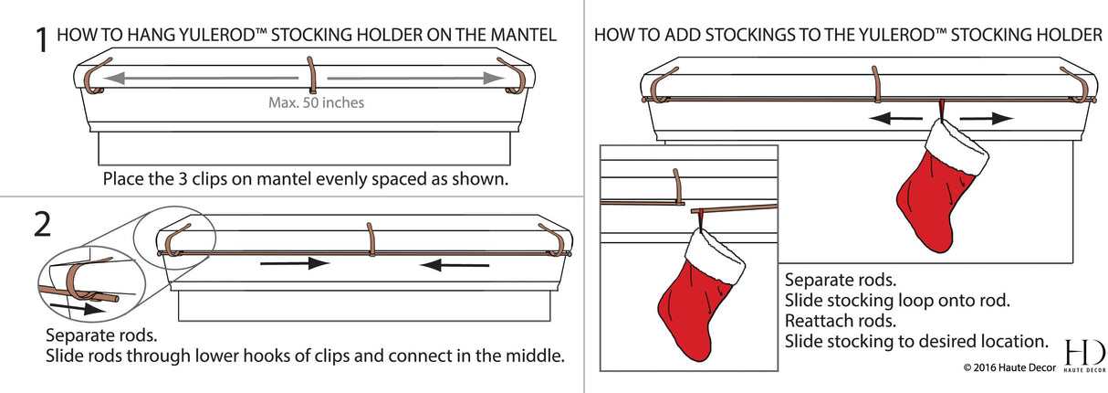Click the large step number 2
click(42, 226)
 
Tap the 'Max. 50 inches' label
click(316, 102)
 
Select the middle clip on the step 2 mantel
click(371, 241)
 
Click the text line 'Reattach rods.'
click(841, 321)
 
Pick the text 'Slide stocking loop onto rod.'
click(897, 300)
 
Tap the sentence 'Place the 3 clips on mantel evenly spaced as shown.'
click(305, 178)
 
